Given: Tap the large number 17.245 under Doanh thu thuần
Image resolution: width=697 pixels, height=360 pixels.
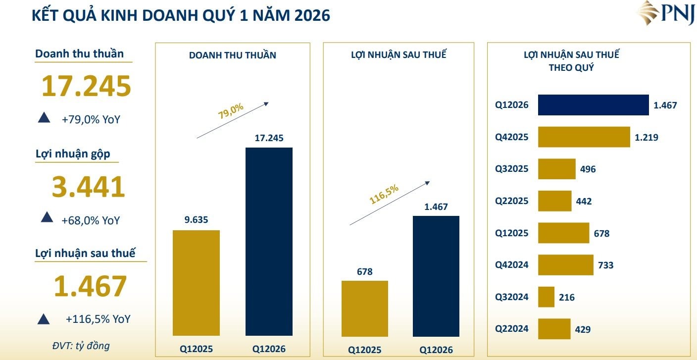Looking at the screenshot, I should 86,86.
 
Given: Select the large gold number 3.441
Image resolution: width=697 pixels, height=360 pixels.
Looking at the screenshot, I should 88,187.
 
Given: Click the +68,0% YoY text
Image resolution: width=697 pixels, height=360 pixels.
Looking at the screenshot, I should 91,220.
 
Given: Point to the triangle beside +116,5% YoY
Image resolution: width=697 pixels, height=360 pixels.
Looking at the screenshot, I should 44,319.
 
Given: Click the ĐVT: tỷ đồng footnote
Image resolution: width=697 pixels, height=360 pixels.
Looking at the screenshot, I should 81,345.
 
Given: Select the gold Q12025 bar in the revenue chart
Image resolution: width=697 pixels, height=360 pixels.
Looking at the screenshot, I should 196,283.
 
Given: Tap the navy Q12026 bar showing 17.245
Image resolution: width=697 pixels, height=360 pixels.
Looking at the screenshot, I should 269,241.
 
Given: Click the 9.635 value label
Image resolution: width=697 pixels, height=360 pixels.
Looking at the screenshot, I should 196,220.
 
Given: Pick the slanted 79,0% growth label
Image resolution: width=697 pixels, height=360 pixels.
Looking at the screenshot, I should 231,111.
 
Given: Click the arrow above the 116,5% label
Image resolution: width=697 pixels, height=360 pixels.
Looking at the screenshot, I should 390,203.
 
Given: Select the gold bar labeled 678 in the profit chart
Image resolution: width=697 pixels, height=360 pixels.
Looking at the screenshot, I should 365,308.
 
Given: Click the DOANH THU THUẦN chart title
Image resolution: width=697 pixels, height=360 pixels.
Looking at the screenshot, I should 233,55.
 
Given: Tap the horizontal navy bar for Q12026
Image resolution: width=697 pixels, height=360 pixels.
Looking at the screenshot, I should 593,105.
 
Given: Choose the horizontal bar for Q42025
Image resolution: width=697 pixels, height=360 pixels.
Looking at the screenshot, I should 584,137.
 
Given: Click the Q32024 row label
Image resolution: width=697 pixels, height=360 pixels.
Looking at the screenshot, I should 512,297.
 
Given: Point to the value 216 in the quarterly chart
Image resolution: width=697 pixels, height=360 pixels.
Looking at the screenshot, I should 567,298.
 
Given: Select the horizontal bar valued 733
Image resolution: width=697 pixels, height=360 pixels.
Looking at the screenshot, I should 565,265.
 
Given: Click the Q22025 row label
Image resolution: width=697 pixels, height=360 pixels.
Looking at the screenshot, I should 512,201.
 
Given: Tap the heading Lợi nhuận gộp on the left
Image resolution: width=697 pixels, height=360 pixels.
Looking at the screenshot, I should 73,154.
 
